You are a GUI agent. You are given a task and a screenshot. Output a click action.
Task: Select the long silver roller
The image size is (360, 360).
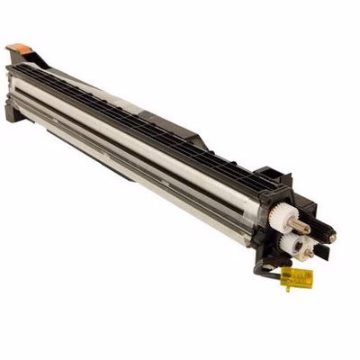[x=135, y=135]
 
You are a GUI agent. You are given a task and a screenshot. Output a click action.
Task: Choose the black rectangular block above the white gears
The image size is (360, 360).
[x=270, y=180]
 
